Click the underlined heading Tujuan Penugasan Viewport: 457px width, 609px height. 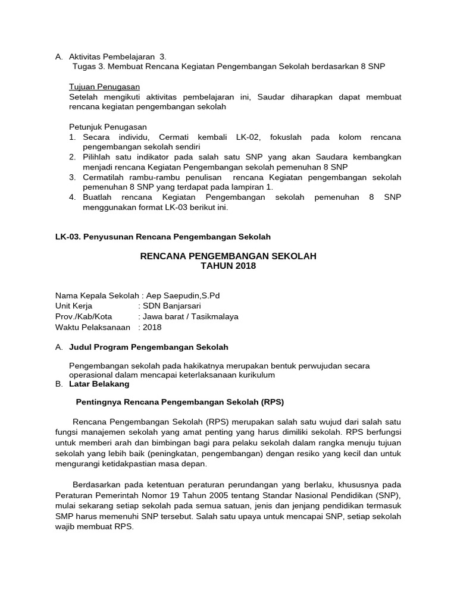[104, 87]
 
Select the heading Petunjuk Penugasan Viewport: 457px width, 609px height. [108, 127]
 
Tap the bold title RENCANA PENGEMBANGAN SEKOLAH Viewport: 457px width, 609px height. [228, 256]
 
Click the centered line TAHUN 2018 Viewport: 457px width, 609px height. [228, 266]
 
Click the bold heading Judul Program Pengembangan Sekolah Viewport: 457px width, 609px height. [149, 347]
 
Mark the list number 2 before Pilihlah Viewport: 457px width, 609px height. [71, 157]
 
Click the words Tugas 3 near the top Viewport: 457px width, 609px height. [87, 66]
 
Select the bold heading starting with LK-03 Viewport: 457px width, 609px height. [162, 237]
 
